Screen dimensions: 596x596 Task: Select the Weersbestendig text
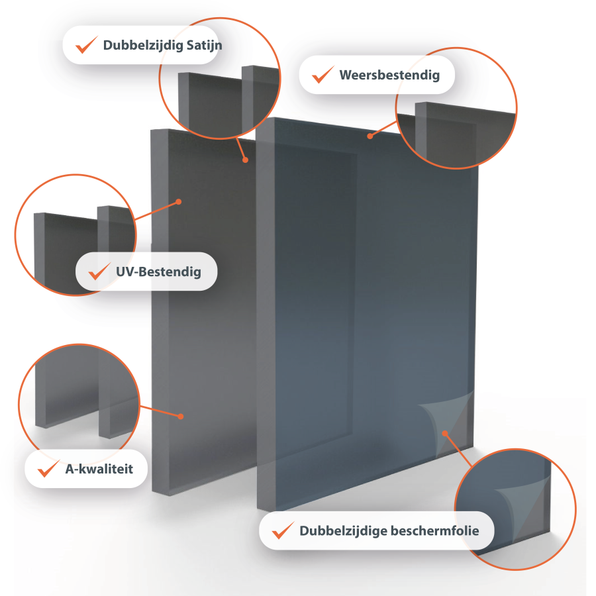point(389,75)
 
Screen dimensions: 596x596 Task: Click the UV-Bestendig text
point(158,272)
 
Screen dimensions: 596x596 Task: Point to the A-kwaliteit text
point(99,469)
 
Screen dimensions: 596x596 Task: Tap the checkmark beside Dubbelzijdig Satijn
point(86,45)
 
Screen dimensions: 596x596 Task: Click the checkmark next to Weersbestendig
point(323,74)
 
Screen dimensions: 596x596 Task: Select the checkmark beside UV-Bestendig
point(99,271)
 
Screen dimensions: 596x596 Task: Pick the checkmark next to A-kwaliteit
point(48,468)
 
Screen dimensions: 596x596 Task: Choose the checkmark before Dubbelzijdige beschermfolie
point(283,530)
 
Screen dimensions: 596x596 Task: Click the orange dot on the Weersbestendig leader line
point(370,136)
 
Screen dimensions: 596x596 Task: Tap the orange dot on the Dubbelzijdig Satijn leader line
point(246,160)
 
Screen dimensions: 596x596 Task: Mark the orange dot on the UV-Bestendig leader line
point(179,202)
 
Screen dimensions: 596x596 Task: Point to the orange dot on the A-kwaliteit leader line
point(181,417)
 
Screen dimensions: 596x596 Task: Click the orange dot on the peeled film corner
point(445,433)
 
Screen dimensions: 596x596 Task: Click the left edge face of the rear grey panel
point(160,312)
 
